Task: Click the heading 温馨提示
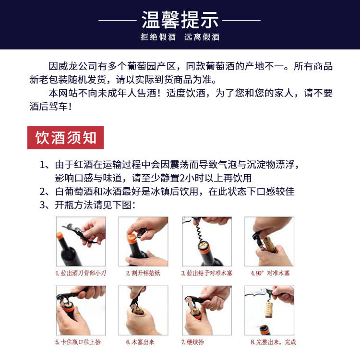pyautogui.click(x=180, y=20)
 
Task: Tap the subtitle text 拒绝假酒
pyautogui.click(x=158, y=37)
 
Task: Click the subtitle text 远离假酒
pyautogui.click(x=202, y=37)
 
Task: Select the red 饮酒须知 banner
pyautogui.click(x=66, y=138)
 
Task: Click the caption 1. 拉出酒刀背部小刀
pyautogui.click(x=81, y=273)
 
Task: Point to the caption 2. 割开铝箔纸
pyautogui.click(x=143, y=273)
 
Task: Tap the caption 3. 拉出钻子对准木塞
pyautogui.click(x=206, y=273)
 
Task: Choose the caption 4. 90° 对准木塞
pyautogui.click(x=270, y=273)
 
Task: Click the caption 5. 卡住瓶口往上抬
pyautogui.click(x=78, y=342)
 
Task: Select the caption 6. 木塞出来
pyautogui.click(x=140, y=342)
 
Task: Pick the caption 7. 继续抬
pyautogui.click(x=192, y=342)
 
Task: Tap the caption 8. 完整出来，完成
pyautogui.click(x=273, y=342)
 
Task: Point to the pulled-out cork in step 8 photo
pyautogui.click(x=269, y=309)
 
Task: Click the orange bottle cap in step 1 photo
pyautogui.click(x=60, y=235)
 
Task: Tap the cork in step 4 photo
pyautogui.click(x=270, y=244)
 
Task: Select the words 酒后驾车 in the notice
pyautogui.click(x=48, y=107)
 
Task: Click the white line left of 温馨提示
pyautogui.click(x=118, y=20)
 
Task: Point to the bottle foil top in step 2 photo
pyautogui.click(x=132, y=238)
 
